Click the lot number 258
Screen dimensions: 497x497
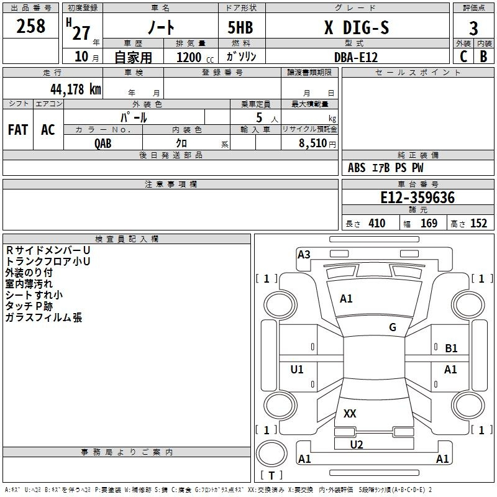point(30,26)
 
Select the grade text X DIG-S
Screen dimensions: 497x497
point(357,27)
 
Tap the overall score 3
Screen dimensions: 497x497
point(473,29)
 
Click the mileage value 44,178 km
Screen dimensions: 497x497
point(76,89)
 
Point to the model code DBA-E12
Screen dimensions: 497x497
point(356,57)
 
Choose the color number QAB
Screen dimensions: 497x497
point(103,144)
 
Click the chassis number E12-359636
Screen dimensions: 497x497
point(417,198)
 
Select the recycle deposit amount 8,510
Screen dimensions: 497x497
point(312,143)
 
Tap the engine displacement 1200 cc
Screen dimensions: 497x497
point(195,57)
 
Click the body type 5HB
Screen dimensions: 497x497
point(240,27)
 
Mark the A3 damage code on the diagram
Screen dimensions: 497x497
point(304,254)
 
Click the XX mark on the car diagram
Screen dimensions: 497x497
point(350,413)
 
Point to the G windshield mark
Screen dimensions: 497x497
point(393,327)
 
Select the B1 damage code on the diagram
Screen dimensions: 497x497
point(451,348)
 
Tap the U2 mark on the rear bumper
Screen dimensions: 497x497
point(356,444)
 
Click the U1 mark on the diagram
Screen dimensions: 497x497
point(297,369)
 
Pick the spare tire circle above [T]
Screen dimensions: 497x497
point(271,454)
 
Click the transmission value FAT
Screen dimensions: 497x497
point(18,130)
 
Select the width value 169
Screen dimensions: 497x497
point(429,223)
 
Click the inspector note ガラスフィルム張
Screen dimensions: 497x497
point(43,317)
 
